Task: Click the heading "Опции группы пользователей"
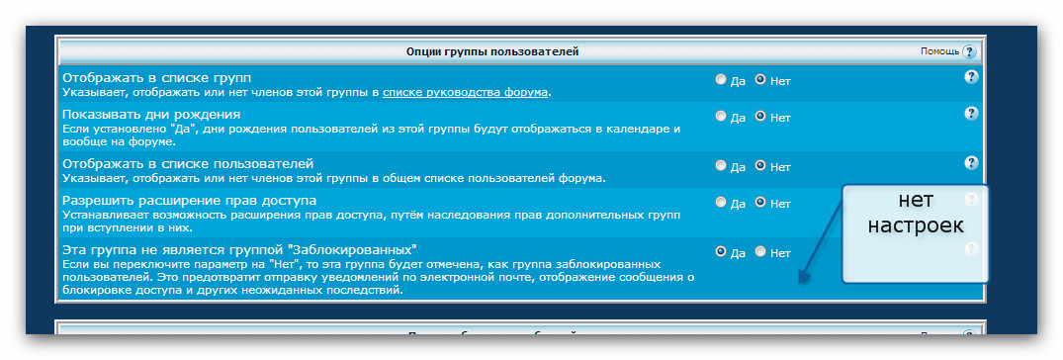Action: (492, 51)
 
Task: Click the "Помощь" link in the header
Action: (939, 51)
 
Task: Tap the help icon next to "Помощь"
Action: (969, 51)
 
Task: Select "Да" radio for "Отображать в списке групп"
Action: (721, 79)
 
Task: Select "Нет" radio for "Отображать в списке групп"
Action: (760, 79)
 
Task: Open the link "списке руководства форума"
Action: (465, 92)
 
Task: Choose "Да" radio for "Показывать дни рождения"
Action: (721, 116)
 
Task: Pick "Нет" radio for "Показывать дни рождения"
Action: (760, 116)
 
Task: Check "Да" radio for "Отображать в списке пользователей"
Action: (721, 165)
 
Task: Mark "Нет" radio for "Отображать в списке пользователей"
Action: (760, 165)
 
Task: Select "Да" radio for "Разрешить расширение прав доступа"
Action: (721, 202)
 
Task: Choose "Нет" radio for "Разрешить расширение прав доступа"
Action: (760, 202)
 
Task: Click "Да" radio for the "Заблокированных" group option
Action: (721, 251)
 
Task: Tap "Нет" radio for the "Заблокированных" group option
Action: (760, 251)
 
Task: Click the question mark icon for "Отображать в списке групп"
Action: (971, 77)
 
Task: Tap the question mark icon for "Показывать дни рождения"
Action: (971, 113)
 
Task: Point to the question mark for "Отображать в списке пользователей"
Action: (971, 163)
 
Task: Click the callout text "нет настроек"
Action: (916, 213)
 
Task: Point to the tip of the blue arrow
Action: (799, 282)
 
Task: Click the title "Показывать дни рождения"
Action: (151, 114)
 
